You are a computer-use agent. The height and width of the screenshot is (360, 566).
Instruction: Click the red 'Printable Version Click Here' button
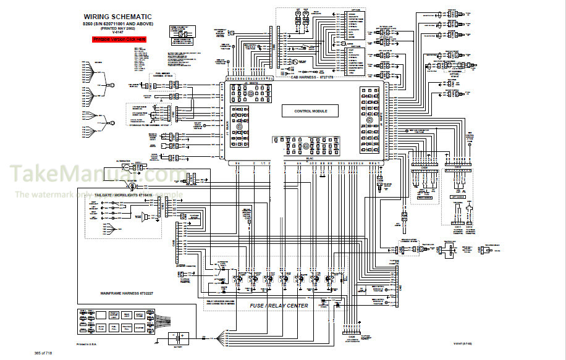119,39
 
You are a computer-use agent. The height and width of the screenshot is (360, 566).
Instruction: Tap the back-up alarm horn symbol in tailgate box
144,216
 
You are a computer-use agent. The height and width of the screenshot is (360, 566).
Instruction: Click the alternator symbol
125,167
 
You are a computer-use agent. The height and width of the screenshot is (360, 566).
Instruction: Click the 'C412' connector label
469,227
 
